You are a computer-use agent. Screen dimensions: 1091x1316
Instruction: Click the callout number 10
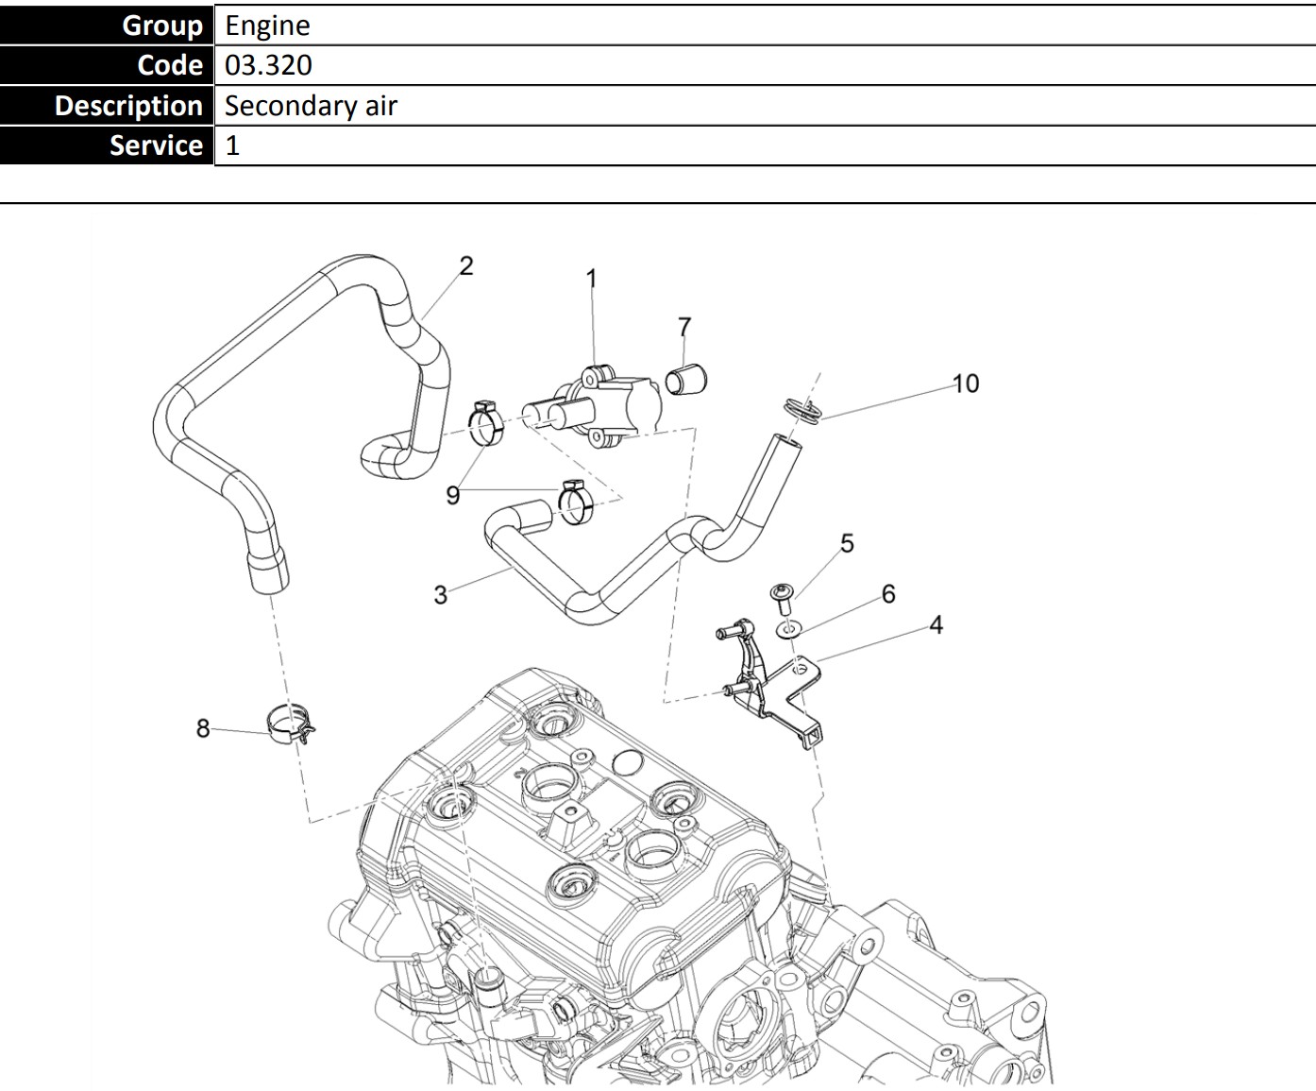[966, 384]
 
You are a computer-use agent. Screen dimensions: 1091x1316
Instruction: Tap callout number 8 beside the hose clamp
[203, 728]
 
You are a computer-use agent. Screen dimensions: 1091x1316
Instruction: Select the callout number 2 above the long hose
[466, 265]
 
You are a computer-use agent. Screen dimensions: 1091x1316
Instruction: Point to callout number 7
[684, 327]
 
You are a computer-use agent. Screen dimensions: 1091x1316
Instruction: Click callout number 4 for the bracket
[936, 624]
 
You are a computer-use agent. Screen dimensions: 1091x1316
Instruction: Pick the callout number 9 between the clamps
[453, 495]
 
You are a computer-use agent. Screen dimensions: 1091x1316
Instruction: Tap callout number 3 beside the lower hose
[440, 594]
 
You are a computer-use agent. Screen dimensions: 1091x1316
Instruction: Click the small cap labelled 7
[687, 380]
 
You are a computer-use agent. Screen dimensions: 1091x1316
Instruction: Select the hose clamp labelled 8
[290, 723]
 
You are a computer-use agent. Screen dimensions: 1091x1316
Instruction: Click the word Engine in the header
[267, 26]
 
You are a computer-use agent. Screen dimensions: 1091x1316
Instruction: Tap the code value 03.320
[268, 65]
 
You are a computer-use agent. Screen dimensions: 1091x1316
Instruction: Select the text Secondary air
[311, 106]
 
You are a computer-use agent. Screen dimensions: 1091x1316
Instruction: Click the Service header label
[156, 145]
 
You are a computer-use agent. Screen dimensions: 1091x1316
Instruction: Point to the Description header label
[128, 106]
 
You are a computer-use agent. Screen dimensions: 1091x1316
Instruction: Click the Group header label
[162, 26]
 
